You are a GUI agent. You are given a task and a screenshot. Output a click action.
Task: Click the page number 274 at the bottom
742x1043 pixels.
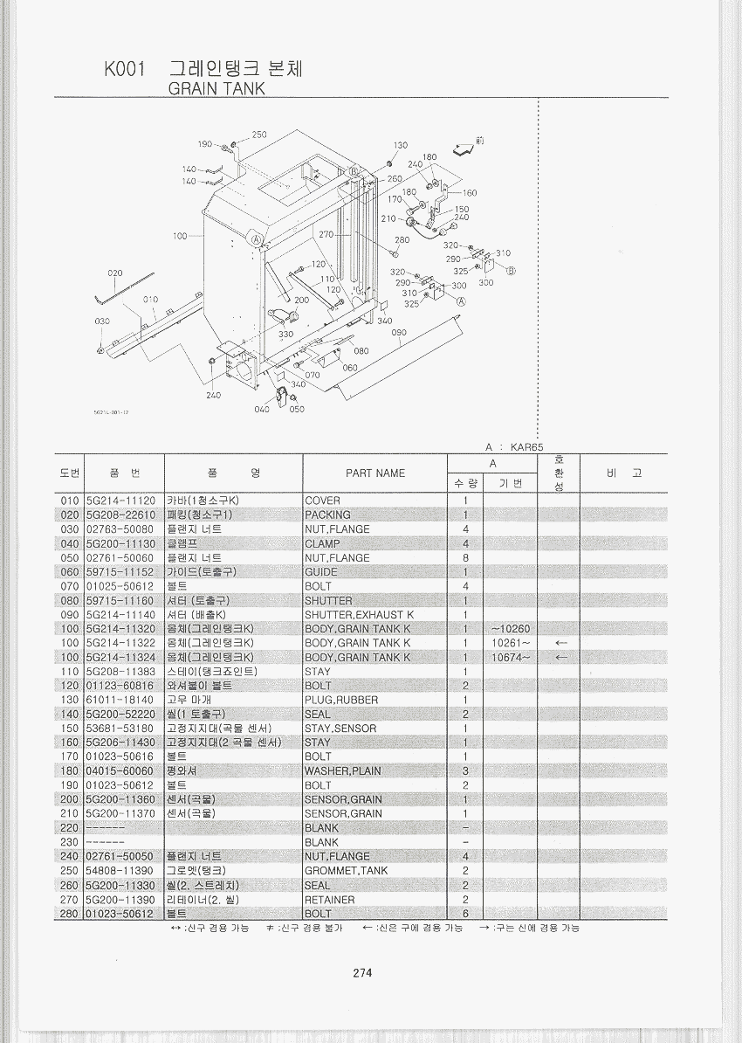pos(362,973)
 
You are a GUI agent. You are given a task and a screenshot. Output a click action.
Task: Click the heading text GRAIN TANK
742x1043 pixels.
pos(216,88)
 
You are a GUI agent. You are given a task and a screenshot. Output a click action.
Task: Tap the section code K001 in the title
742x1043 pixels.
pos(124,69)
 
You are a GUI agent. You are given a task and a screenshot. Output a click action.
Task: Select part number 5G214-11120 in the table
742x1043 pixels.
pos(120,501)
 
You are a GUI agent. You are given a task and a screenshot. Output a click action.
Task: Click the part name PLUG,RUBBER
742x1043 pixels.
pos(341,700)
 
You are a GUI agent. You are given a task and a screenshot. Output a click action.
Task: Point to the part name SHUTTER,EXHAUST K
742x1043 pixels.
pos(359,615)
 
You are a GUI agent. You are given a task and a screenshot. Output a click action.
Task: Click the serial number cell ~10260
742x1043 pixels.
pos(511,629)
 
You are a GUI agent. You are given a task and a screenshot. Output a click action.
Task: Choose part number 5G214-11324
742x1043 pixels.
pos(120,658)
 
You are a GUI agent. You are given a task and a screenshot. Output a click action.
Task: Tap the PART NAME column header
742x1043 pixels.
pos(375,473)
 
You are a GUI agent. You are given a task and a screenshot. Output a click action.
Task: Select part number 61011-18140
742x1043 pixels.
pos(120,700)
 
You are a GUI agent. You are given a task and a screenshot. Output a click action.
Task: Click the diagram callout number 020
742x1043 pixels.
pos(115,273)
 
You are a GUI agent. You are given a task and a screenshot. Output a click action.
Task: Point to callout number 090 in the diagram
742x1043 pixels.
pos(399,333)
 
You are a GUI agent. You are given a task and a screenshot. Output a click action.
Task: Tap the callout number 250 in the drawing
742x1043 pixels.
pos(259,135)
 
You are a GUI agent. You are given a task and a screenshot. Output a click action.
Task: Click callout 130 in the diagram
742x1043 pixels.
pos(400,145)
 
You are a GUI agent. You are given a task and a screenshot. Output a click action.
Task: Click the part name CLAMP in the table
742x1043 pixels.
pos(322,543)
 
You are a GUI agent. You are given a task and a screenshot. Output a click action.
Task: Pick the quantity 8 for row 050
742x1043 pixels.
pos(466,558)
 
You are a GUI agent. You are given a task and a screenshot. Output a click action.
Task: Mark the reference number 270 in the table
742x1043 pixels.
pos(70,900)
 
